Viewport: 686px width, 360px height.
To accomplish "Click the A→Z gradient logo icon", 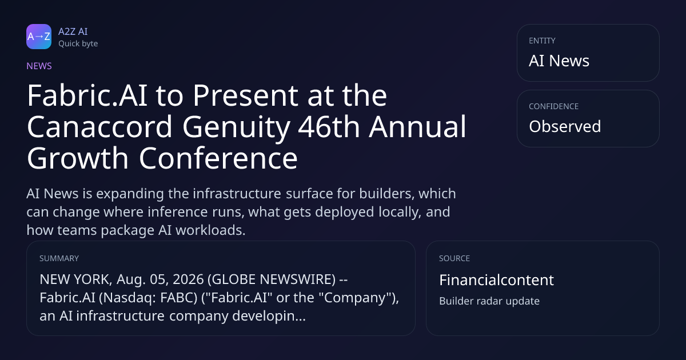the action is coord(39,37).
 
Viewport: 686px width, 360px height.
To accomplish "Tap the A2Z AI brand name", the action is coord(73,31).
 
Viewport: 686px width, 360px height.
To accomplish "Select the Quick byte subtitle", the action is coord(78,44).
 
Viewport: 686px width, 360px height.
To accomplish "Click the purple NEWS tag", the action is coord(39,66).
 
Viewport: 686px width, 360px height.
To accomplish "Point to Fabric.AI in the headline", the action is coord(87,95).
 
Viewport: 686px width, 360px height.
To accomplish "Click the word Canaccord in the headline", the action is coord(99,127).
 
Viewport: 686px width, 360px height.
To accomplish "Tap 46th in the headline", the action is coord(329,127).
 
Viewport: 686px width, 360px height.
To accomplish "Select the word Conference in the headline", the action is coord(218,158).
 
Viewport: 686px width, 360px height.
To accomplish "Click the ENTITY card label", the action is coord(542,41).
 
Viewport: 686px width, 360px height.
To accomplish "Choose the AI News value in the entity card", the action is coord(559,61).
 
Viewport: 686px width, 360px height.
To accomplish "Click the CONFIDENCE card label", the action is coord(554,106).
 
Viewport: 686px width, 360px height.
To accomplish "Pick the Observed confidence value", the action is coord(565,126).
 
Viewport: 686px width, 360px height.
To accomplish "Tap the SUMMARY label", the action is coord(59,258).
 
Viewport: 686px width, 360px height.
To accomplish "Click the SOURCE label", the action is coord(454,258).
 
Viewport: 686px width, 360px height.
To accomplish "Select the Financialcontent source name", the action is coord(496,280).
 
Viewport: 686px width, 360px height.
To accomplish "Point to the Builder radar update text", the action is coord(489,301).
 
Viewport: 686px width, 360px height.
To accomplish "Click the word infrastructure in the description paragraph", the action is coord(237,194).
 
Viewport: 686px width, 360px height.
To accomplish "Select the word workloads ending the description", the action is coord(210,230).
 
